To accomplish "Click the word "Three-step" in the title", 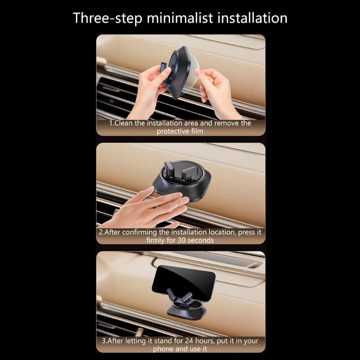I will point(108,18).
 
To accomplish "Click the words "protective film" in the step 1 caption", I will point(180,131).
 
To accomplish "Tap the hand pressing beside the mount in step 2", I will point(153,209).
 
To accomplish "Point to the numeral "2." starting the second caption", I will point(101,232).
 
